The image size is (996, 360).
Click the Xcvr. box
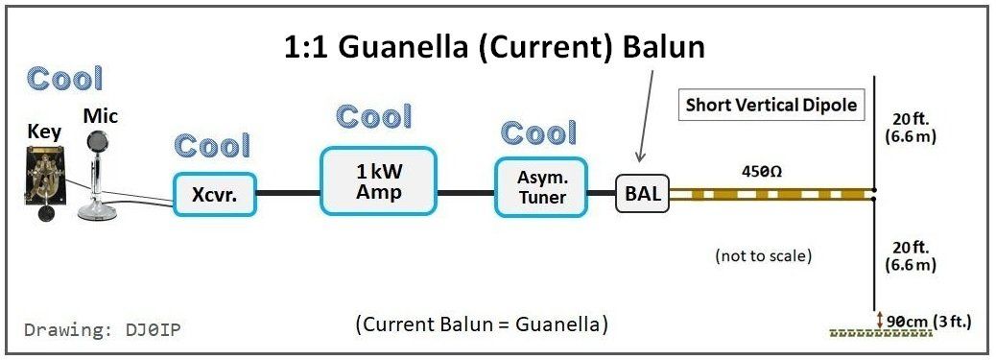(x=215, y=195)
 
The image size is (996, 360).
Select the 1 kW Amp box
(x=379, y=180)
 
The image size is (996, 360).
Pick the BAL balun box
(x=642, y=193)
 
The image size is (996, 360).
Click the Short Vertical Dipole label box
(x=771, y=105)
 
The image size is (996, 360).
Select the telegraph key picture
(x=46, y=181)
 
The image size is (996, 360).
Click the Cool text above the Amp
(x=373, y=117)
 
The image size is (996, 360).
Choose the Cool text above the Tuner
(x=538, y=132)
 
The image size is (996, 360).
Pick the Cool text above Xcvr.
(x=212, y=146)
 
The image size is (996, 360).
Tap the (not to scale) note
(x=764, y=256)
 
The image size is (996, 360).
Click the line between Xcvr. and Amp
(x=289, y=193)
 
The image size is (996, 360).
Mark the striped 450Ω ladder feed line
(x=771, y=193)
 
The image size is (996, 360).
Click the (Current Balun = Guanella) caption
(x=481, y=324)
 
